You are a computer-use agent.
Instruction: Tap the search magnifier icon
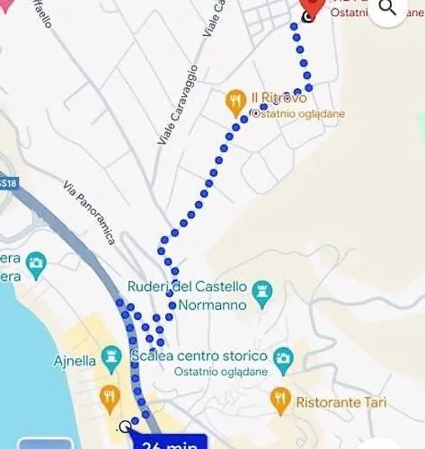388,8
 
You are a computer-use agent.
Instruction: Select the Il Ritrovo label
279,97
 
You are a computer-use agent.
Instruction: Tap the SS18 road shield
7,182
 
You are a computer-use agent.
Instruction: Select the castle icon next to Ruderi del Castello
263,289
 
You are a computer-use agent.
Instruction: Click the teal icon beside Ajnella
112,358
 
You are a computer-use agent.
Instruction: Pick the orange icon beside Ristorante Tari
279,396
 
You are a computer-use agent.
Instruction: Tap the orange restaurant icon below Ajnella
111,396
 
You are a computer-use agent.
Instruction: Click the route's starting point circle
125,427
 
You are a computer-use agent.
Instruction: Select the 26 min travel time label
171,442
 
